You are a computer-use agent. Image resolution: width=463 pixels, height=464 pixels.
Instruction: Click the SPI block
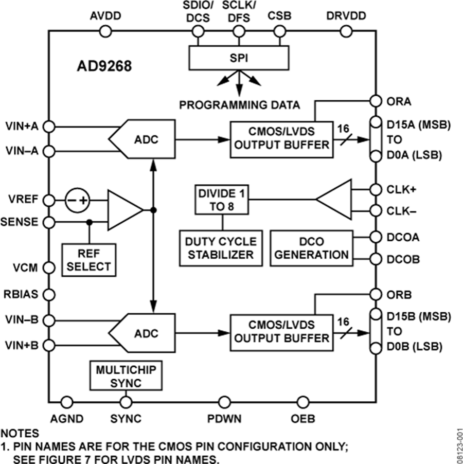click(239, 57)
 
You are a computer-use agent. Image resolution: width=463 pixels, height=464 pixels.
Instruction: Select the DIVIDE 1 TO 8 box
click(222, 199)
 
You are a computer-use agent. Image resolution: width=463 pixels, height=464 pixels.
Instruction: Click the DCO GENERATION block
click(311, 247)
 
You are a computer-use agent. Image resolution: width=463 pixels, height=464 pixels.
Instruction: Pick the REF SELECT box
click(88, 259)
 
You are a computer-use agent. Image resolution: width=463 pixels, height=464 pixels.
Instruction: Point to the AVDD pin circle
click(105, 32)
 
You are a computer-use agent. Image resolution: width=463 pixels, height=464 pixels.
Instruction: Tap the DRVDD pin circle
click(346, 32)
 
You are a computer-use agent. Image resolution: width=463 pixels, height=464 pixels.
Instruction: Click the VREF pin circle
click(49, 200)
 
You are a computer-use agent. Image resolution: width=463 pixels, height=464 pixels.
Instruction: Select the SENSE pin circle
click(49, 222)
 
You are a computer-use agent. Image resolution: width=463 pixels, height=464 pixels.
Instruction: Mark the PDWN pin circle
click(224, 402)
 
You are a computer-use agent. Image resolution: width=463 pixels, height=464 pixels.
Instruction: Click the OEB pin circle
click(302, 402)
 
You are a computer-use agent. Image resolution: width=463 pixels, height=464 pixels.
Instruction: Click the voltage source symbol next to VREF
click(77, 200)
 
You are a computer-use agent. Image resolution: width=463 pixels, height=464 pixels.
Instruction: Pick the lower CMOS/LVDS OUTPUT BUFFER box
click(280, 332)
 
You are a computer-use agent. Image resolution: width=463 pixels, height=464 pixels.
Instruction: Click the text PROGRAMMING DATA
click(239, 105)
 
